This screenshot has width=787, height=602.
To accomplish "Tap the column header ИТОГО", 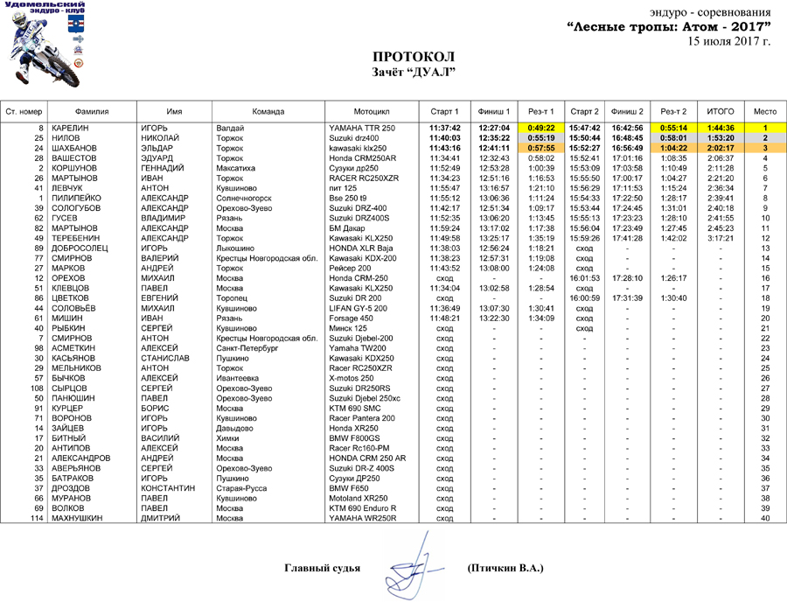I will pos(720,112).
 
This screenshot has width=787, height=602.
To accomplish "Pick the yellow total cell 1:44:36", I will pos(720,129).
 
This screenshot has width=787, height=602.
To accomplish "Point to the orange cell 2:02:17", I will pos(720,148).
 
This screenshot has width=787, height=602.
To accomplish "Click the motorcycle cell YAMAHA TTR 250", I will pos(362,129).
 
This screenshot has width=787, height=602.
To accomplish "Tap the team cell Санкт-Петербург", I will pos(246,347).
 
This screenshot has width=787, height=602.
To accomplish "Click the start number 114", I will pos(37,519).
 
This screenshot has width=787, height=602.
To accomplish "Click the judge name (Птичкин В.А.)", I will pos(505,569).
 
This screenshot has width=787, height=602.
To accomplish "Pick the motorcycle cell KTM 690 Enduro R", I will pos(362,508).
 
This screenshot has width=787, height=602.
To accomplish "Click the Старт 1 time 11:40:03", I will pos(444,138).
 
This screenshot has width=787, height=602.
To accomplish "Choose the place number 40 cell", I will pos(764,519).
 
